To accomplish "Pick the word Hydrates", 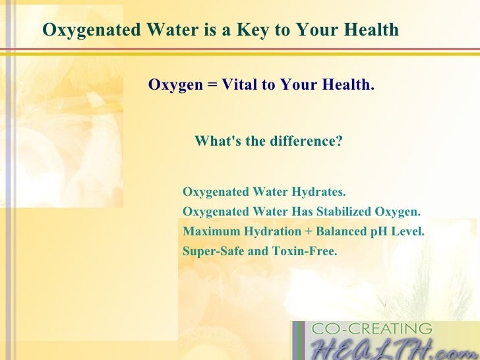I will [322, 193].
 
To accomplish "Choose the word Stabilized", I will [342, 212].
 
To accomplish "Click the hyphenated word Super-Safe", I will [211, 251].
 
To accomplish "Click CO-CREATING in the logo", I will [371, 329].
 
